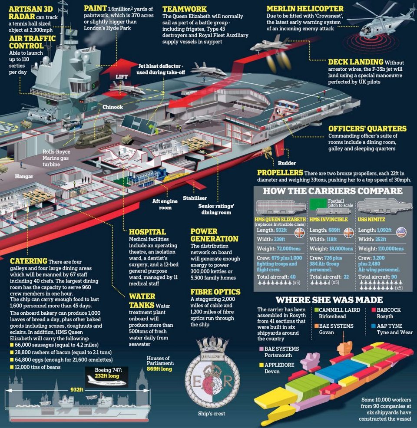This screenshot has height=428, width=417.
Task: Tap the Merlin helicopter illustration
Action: [378, 22]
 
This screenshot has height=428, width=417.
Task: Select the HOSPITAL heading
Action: [147, 232]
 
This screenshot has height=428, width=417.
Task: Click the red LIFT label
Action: [121, 76]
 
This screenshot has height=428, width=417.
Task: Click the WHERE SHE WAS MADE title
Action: [329, 300]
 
